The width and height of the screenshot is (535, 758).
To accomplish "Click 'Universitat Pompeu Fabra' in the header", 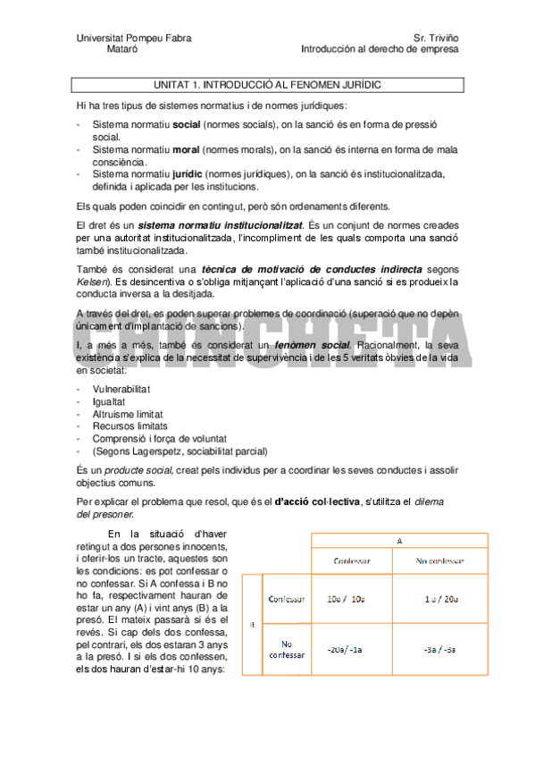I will click(x=134, y=38).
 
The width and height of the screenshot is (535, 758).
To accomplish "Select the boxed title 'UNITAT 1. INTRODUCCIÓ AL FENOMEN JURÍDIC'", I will click(x=268, y=84).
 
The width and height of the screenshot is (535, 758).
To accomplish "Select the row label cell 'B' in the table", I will click(x=252, y=624).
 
